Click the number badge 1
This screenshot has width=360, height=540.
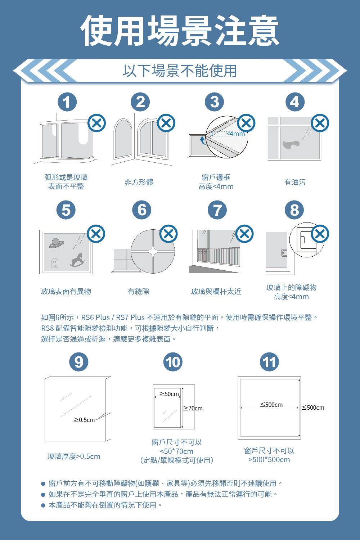(x=67, y=102)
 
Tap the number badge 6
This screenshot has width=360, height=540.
(x=142, y=210)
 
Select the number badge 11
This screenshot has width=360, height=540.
(x=269, y=362)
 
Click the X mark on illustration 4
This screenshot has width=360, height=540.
(x=320, y=123)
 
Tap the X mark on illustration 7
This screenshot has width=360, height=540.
(x=244, y=234)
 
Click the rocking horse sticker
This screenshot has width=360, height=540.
(x=77, y=260)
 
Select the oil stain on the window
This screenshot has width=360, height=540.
(x=291, y=144)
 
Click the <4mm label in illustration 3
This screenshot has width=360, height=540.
(x=236, y=134)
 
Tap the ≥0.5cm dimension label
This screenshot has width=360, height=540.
(x=84, y=420)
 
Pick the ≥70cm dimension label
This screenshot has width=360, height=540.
(x=193, y=408)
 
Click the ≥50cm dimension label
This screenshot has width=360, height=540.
(x=169, y=394)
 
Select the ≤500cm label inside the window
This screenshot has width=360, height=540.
(x=271, y=405)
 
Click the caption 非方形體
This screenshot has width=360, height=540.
(x=139, y=182)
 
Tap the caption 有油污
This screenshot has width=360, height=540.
(x=295, y=182)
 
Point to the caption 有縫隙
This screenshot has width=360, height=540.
(x=139, y=292)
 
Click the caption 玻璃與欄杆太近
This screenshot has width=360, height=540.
(x=216, y=292)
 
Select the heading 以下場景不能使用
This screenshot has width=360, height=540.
(x=180, y=71)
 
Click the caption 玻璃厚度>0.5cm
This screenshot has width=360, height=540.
(x=74, y=456)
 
